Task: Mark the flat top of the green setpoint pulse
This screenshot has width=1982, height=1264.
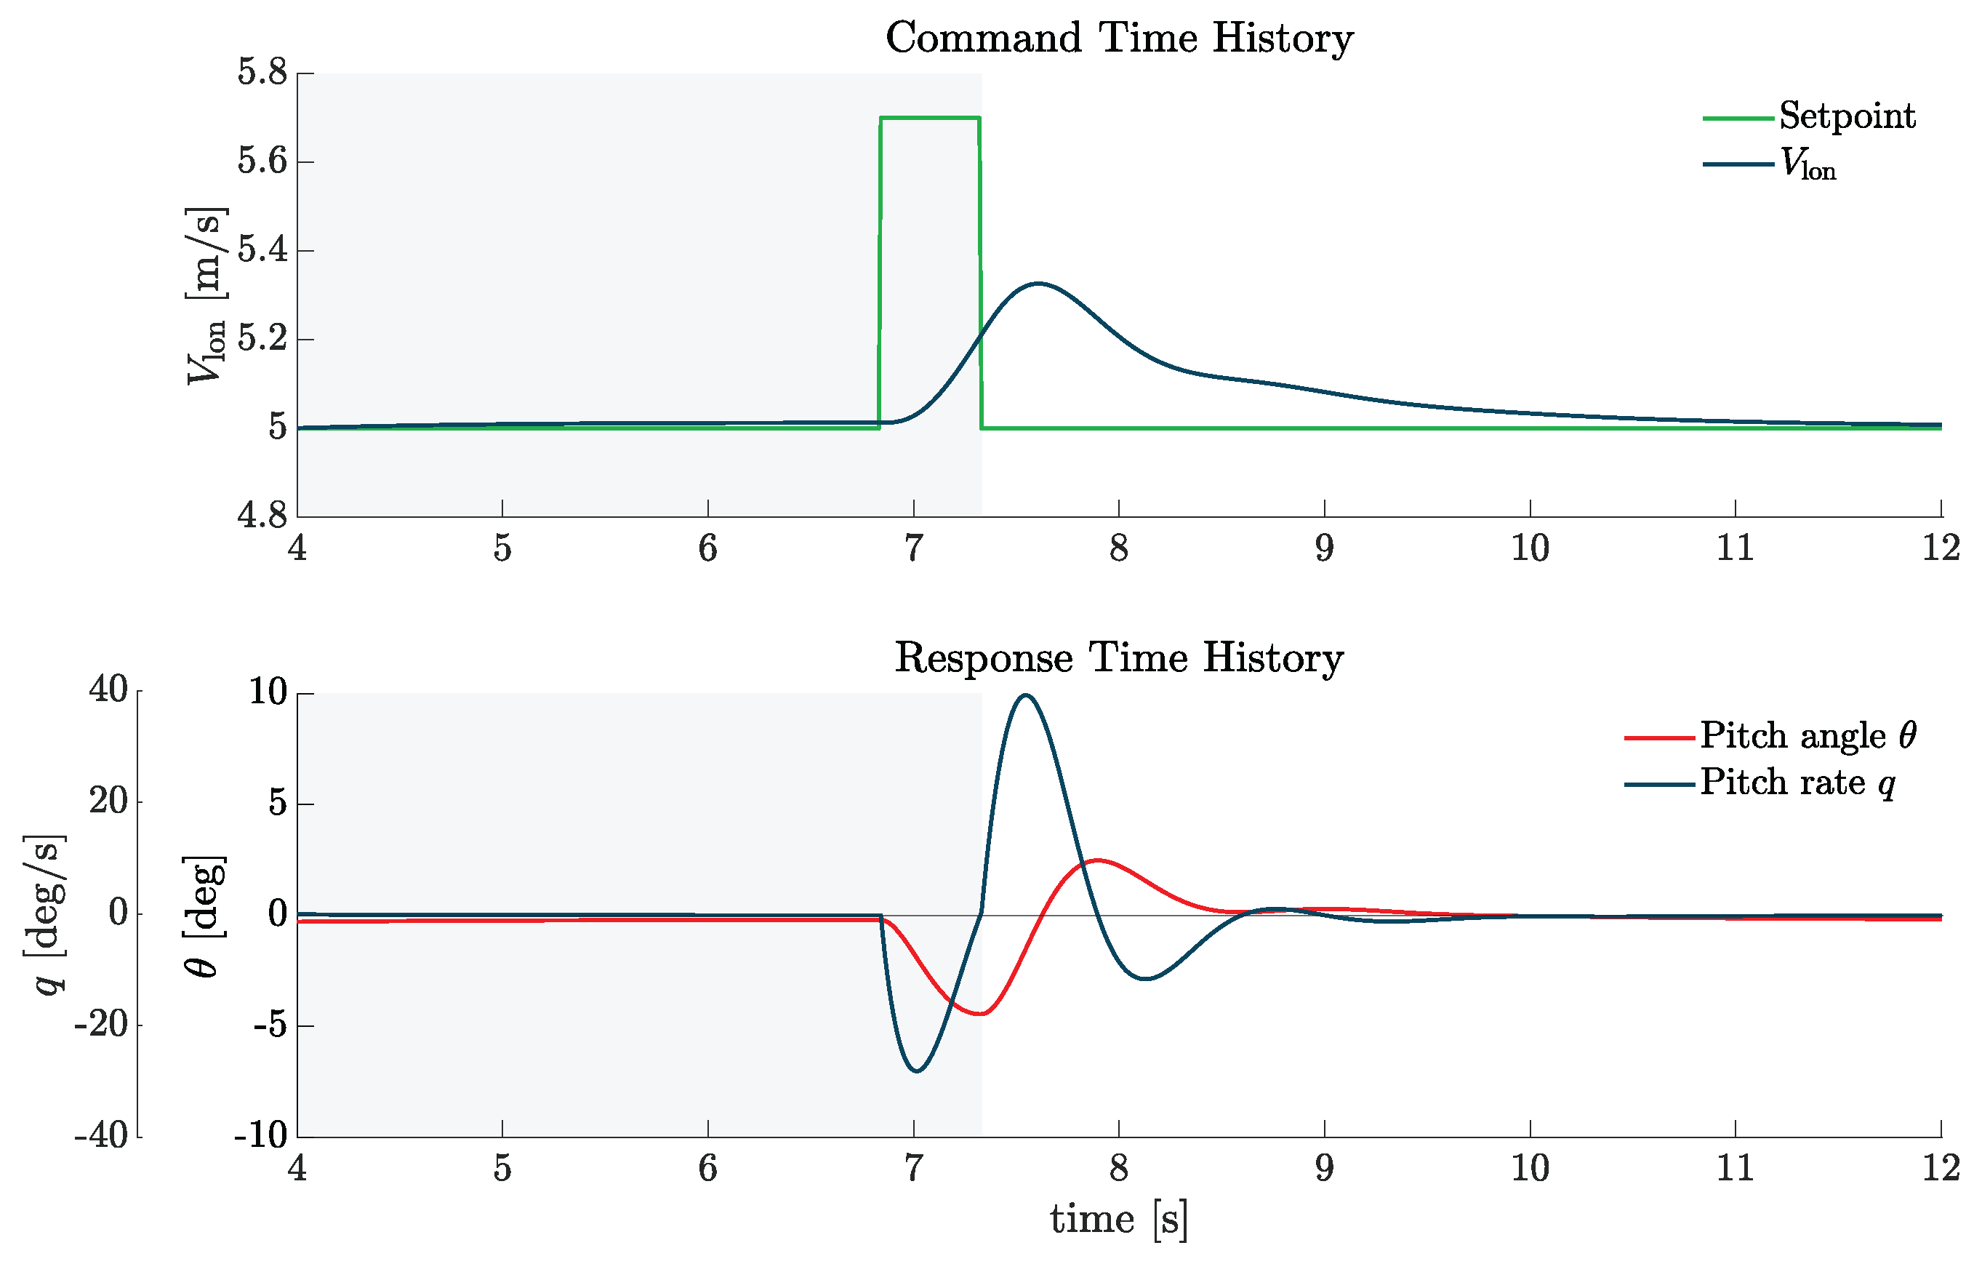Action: click(x=930, y=118)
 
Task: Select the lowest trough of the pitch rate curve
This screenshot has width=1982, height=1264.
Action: click(x=917, y=1071)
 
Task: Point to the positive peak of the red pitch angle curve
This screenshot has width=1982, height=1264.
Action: click(x=1096, y=860)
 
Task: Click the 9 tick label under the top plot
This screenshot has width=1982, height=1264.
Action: click(x=1323, y=548)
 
